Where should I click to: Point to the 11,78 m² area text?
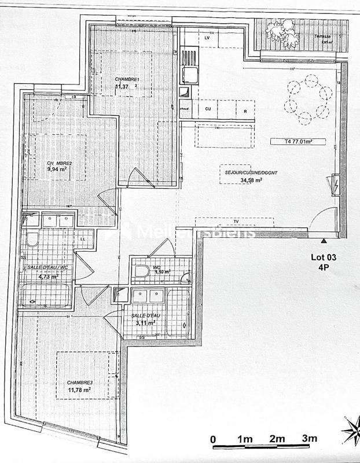(x=79, y=391)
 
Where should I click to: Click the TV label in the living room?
(x=236, y=221)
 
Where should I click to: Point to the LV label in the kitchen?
(x=207, y=38)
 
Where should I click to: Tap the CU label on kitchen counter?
(x=208, y=108)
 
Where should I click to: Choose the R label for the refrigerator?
(x=245, y=109)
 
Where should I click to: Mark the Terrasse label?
(x=322, y=36)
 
